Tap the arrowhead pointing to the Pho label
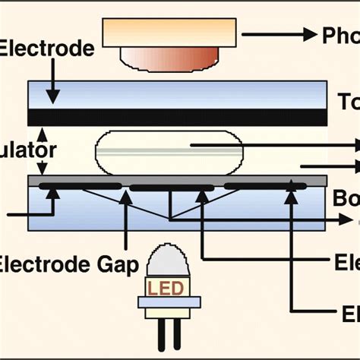[x=308, y=34]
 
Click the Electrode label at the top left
[x=47, y=49]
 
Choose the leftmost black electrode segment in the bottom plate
[x=79, y=185]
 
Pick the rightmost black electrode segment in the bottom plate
[x=265, y=185]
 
